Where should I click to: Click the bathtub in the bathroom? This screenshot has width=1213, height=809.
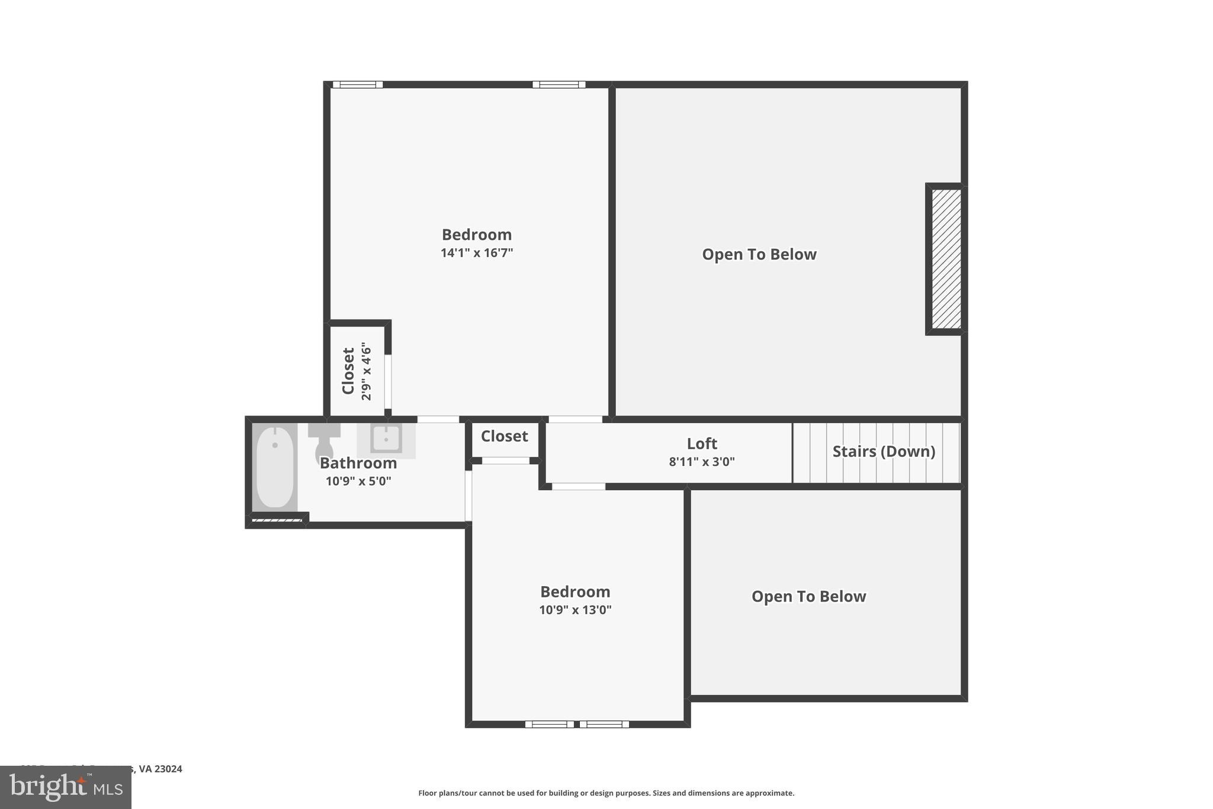[275, 466]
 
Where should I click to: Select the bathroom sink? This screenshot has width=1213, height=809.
[386, 439]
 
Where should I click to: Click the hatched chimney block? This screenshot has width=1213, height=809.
[946, 258]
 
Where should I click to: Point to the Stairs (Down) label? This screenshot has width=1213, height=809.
[884, 452]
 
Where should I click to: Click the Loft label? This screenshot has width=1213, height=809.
[702, 443]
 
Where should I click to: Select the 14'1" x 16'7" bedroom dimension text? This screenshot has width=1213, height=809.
[477, 253]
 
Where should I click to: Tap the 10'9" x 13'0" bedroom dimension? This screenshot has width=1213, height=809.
[575, 610]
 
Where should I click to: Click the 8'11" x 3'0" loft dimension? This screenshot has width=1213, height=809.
[702, 462]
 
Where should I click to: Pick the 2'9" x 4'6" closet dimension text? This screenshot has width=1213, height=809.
[367, 372]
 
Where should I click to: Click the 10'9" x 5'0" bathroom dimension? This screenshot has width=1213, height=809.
[358, 481]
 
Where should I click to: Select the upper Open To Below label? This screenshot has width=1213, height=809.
[759, 254]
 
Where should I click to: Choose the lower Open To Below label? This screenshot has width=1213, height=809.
[808, 596]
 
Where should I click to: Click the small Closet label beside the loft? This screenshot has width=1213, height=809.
[504, 436]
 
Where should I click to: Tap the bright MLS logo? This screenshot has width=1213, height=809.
[66, 787]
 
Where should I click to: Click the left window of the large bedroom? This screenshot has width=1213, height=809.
[358, 85]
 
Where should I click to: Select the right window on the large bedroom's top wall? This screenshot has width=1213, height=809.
[559, 85]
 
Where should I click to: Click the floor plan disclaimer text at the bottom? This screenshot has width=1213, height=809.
[606, 793]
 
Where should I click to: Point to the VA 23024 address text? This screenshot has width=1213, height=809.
[160, 769]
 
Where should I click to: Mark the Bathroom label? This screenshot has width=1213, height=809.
[358, 463]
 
